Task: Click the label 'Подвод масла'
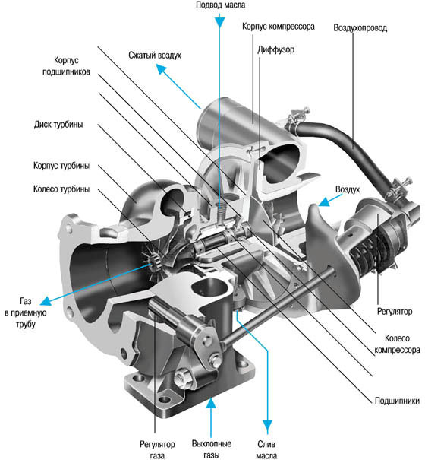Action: click(220, 5)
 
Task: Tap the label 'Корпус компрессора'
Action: click(279, 27)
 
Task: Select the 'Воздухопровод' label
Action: click(360, 28)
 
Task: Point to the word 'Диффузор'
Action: click(275, 49)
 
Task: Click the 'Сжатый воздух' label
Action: click(155, 56)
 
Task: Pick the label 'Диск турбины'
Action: click(58, 125)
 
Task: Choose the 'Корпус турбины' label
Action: click(61, 166)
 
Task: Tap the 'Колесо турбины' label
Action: click(61, 189)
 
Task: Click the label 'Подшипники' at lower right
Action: click(397, 401)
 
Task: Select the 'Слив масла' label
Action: click(266, 449)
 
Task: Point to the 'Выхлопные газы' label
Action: click(212, 449)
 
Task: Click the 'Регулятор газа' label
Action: click(157, 449)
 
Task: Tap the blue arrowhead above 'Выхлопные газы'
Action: click(211, 404)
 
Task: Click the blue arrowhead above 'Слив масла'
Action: click(267, 426)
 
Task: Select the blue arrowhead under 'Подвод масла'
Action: click(219, 22)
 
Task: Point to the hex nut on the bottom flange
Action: click(183, 379)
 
